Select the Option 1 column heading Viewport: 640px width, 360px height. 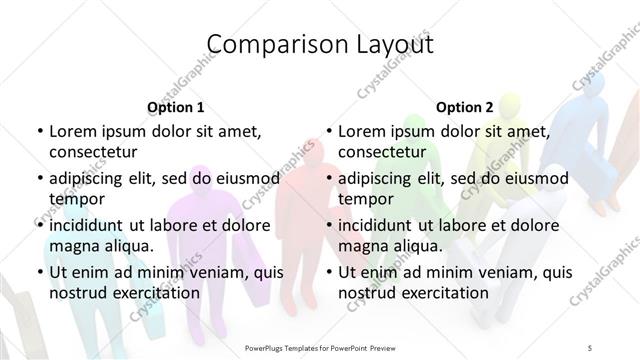[x=175, y=107]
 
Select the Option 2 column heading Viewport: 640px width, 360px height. [x=464, y=107]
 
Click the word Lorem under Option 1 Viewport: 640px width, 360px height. [x=76, y=132]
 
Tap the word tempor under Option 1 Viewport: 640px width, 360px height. [x=74, y=199]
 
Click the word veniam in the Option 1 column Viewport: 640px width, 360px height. [x=210, y=272]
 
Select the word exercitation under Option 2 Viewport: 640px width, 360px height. [x=441, y=293]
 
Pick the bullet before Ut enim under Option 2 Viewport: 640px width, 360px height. [x=327, y=272]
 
